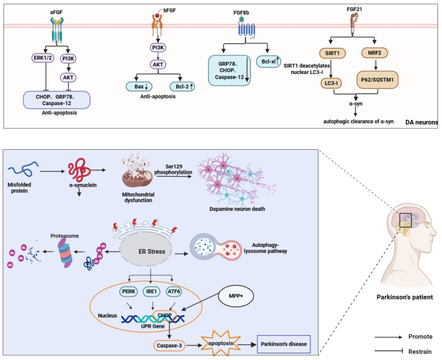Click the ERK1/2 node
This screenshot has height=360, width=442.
click(x=42, y=59)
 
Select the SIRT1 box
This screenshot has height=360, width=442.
click(x=332, y=53)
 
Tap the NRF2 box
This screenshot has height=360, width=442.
click(x=375, y=53)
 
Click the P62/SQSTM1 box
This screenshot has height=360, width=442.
click(x=377, y=80)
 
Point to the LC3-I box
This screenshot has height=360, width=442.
click(x=331, y=83)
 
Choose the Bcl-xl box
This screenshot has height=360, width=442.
click(x=269, y=61)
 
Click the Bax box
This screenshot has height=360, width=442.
click(x=139, y=87)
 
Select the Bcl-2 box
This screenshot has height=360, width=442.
click(x=182, y=87)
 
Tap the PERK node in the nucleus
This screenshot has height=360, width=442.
click(x=128, y=291)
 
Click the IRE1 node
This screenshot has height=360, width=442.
click(x=151, y=291)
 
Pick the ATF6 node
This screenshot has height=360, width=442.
click(x=174, y=291)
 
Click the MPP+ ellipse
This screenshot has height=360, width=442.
click(x=236, y=296)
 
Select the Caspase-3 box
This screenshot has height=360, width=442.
click(x=169, y=346)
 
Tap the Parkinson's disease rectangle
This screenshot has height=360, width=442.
click(x=284, y=344)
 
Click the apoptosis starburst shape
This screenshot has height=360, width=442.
click(x=221, y=343)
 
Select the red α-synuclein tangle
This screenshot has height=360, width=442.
click(x=79, y=170)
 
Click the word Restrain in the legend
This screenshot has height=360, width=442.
click(x=420, y=352)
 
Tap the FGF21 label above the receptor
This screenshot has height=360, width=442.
click(x=354, y=10)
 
